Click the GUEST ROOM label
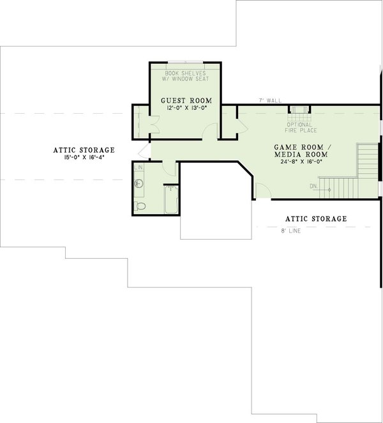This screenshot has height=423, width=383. pyautogui.click(x=186, y=101)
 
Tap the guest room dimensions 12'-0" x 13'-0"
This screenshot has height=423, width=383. pyautogui.click(x=186, y=109)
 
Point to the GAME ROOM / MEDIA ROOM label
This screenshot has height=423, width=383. pyautogui.click(x=301, y=151)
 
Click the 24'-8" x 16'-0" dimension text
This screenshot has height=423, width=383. pyautogui.click(x=301, y=162)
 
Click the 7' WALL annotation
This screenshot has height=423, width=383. pyautogui.click(x=270, y=100)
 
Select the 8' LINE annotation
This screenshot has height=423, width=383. pyautogui.click(x=290, y=231)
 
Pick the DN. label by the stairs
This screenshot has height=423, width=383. pyautogui.click(x=313, y=187)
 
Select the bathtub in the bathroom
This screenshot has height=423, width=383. pyautogui.click(x=171, y=199)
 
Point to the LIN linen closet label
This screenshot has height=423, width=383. pyautogui.click(x=139, y=167)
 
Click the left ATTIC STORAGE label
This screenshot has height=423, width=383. pyautogui.click(x=84, y=150)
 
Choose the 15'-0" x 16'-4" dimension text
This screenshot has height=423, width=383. pyautogui.click(x=84, y=157)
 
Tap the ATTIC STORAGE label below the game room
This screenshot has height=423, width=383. pyautogui.click(x=316, y=219)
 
